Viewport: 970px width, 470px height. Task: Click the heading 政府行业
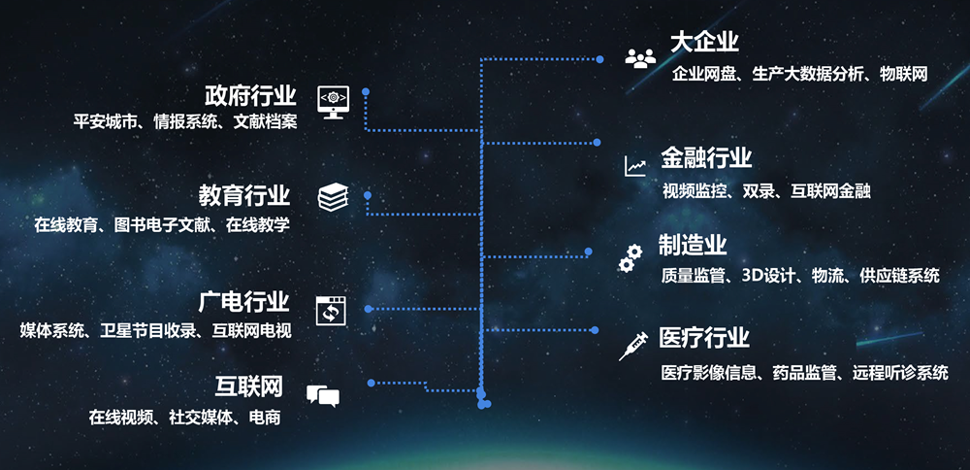[x=250, y=96]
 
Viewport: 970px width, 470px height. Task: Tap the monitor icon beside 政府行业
[x=333, y=102]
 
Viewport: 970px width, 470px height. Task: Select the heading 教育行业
[x=244, y=196]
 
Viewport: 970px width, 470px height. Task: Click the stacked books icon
[x=334, y=197]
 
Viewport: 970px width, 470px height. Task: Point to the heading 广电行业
[x=244, y=302]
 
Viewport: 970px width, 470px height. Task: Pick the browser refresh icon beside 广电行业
[x=332, y=310]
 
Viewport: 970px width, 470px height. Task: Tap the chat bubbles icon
[x=323, y=395]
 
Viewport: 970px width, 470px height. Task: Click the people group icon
[x=640, y=58]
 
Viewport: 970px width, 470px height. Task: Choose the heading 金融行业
[x=706, y=157]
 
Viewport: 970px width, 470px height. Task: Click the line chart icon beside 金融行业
[x=635, y=166]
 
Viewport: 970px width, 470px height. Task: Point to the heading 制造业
[x=693, y=246]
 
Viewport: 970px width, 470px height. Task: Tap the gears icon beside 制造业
[x=630, y=258]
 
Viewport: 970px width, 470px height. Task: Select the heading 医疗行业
[x=704, y=338]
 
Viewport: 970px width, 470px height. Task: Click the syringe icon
[x=632, y=346]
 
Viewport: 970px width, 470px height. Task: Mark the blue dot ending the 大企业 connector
[x=599, y=59]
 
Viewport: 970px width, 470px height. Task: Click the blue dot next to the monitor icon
[x=366, y=91]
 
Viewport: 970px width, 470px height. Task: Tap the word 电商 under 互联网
[x=265, y=418]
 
